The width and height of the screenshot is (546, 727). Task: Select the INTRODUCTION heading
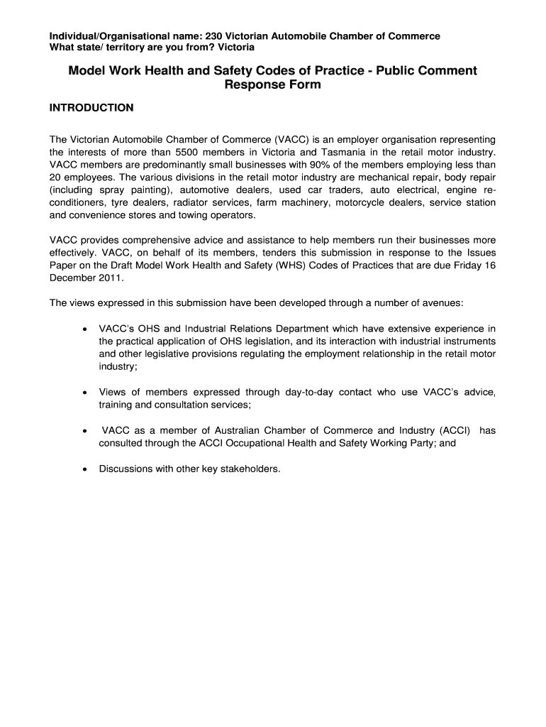point(91,108)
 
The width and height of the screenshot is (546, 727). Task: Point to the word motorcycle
point(359,203)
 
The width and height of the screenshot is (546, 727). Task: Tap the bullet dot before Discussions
point(84,469)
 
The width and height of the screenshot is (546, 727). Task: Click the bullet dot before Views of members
point(84,393)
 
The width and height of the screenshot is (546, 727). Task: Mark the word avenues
point(441,303)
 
